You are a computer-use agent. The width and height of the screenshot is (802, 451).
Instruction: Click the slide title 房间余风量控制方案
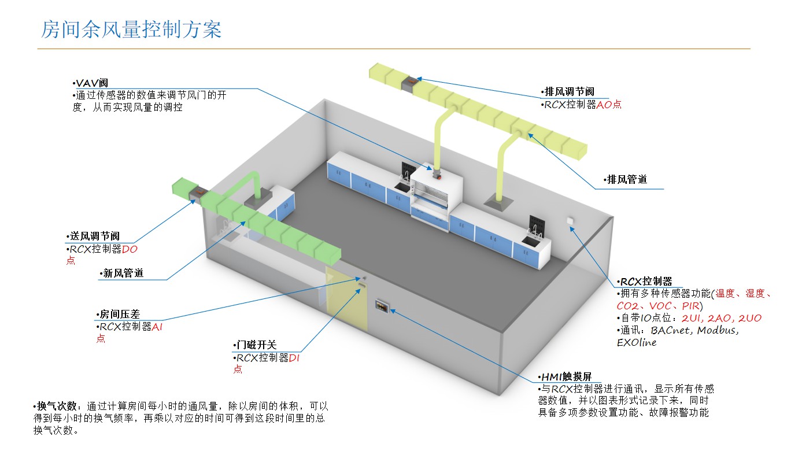coord(131,29)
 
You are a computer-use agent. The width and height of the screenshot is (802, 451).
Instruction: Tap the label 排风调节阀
coord(569,92)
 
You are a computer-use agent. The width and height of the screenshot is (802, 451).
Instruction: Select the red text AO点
coord(609,105)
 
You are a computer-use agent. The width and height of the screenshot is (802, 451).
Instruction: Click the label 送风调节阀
coord(94,236)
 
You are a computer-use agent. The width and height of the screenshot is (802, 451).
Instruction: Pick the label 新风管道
coord(122,273)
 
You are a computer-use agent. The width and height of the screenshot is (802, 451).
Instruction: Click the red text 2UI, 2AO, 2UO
coord(722,319)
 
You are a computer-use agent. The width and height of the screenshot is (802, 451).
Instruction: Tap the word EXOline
coord(637,342)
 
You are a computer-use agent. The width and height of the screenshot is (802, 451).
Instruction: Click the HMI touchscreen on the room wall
coord(381,305)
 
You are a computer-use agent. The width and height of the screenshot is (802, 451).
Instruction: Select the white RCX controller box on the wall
coord(570,220)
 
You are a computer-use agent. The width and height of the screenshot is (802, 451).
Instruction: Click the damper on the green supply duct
coord(197,193)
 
